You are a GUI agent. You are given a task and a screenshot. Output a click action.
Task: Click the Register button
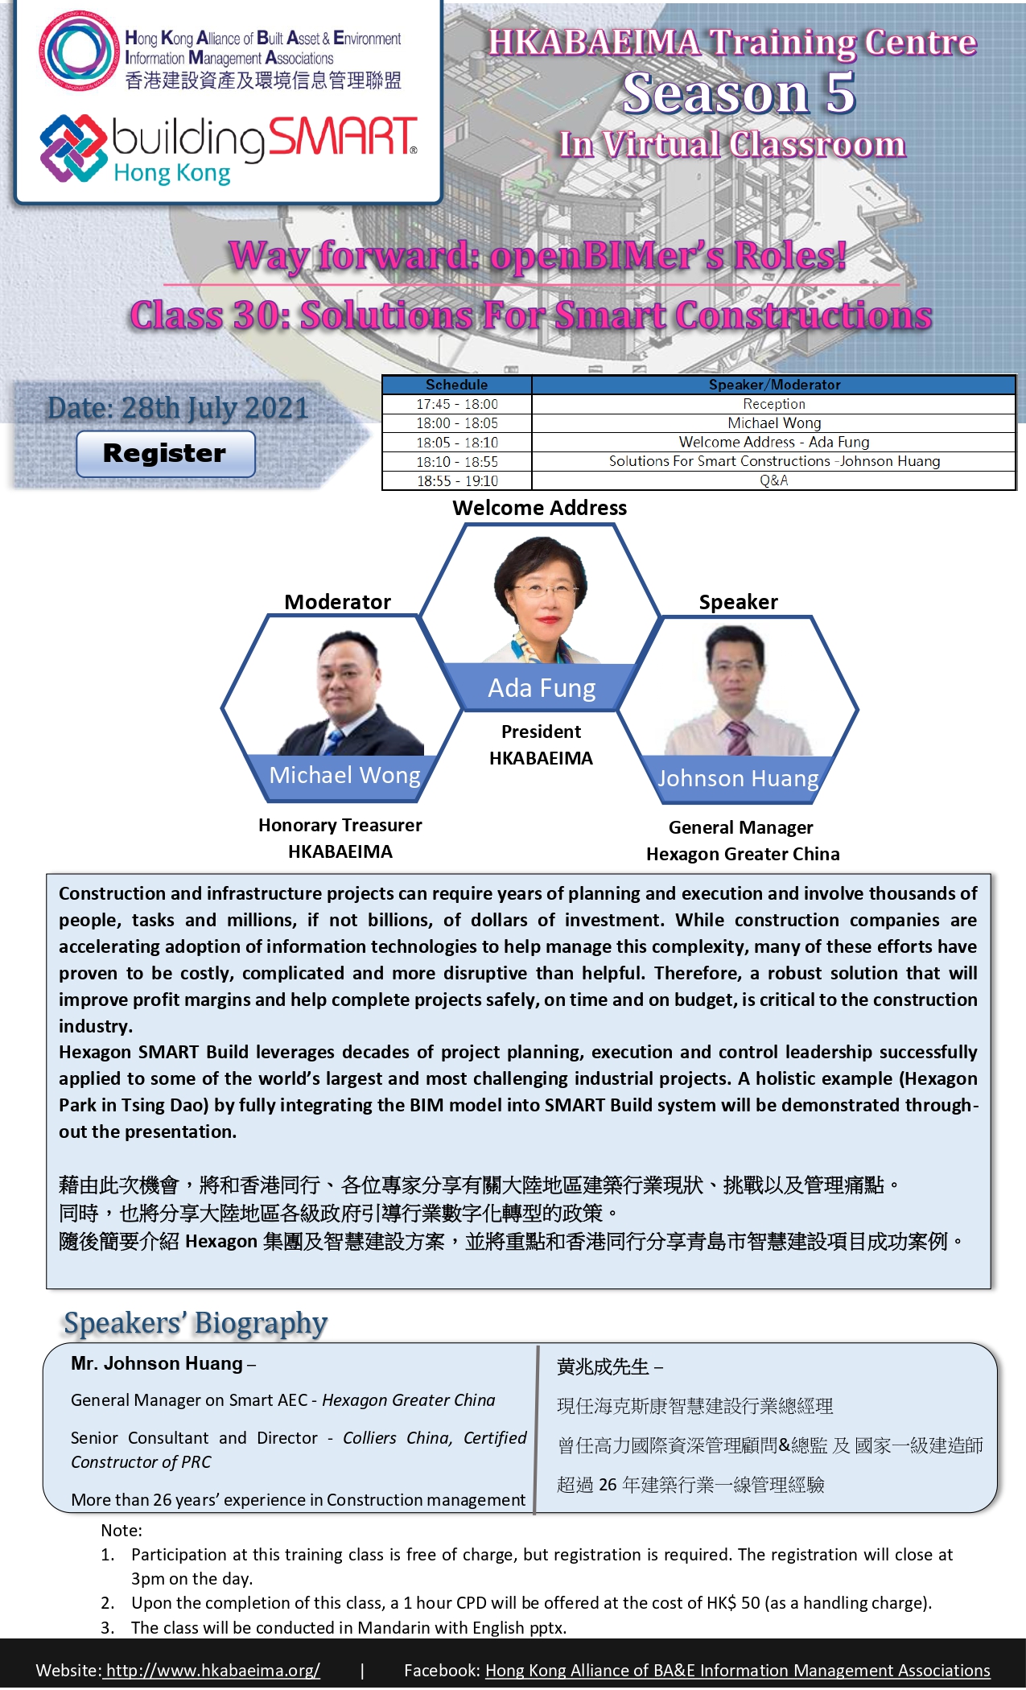tap(166, 454)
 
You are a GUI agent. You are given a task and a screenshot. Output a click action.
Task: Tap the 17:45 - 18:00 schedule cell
tap(457, 404)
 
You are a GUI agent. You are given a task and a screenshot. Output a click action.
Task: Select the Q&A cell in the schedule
tap(774, 480)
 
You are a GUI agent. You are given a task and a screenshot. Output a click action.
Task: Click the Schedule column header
tap(457, 385)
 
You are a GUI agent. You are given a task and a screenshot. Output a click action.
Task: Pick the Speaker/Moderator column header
tap(774, 385)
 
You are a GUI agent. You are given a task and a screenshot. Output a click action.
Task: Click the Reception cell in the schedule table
tap(774, 404)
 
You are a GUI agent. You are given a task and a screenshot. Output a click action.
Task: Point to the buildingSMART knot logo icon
tap(73, 148)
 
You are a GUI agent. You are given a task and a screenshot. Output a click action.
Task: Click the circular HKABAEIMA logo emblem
tap(78, 52)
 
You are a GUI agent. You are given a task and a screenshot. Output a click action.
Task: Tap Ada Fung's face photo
tap(542, 591)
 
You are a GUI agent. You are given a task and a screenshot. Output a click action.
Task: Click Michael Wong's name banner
tap(344, 777)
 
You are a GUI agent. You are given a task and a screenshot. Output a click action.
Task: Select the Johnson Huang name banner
tap(738, 779)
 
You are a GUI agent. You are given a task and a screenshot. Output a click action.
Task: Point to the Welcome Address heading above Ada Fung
tap(539, 508)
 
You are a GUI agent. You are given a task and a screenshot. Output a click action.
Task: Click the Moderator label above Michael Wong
tap(337, 602)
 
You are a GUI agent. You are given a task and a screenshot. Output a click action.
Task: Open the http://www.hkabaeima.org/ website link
tap(212, 1670)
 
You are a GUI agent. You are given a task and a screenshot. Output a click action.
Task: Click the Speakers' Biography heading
tap(196, 1324)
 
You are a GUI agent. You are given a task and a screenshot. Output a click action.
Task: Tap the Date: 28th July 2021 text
tap(178, 408)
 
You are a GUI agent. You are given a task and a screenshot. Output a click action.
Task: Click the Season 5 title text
tap(740, 93)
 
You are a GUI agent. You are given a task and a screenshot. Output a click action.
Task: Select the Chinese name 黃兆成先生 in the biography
tap(603, 1366)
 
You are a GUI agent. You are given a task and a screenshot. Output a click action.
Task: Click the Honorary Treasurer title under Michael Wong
tap(340, 825)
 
